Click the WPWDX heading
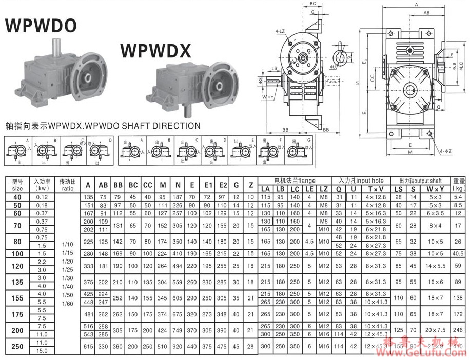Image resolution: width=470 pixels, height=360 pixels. tap(156, 50)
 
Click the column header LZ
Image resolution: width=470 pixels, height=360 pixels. tap(324, 189)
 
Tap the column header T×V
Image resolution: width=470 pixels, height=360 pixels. tap(374, 189)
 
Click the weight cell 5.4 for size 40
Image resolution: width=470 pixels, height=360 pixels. tap(459, 197)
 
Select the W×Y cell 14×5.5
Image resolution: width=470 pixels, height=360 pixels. tap(435, 265)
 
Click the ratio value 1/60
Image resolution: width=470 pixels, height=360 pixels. tap(68, 304)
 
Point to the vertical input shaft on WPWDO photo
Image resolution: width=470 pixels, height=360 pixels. tap(57, 46)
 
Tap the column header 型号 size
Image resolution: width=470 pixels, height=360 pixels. tap(17, 184)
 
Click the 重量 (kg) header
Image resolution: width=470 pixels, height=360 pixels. tap(459, 184)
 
